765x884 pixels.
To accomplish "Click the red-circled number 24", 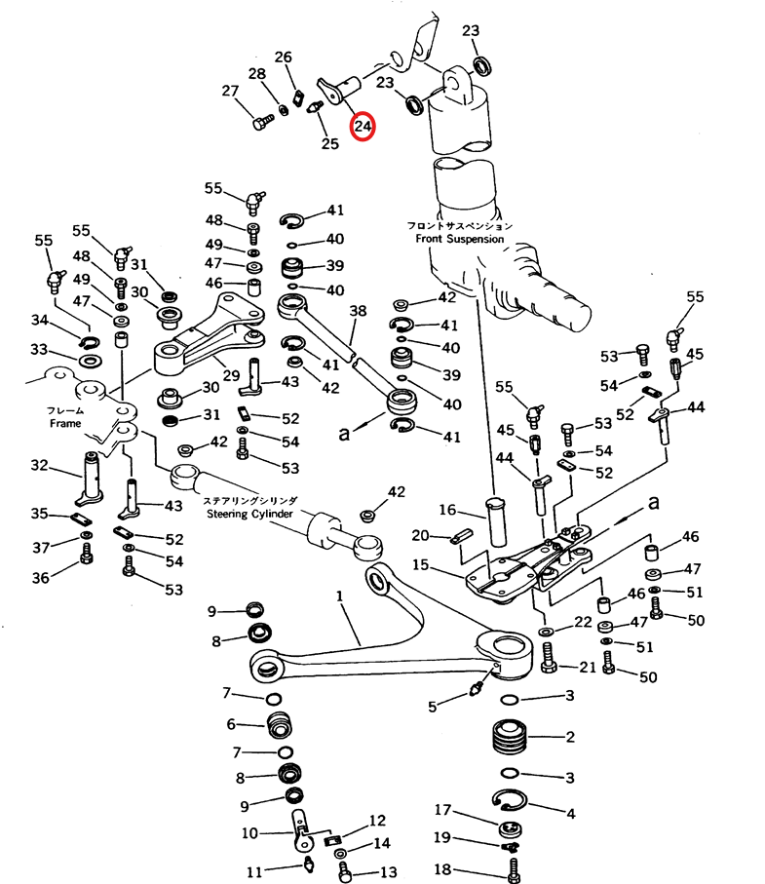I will click(363, 127).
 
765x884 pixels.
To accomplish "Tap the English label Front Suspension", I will click(460, 239).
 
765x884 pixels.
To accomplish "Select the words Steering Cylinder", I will click(251, 514).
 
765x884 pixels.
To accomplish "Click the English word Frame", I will click(66, 425).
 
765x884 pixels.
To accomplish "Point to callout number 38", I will click(358, 312).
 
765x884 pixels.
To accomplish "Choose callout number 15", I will click(420, 564).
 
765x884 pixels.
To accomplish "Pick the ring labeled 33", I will click(89, 362).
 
